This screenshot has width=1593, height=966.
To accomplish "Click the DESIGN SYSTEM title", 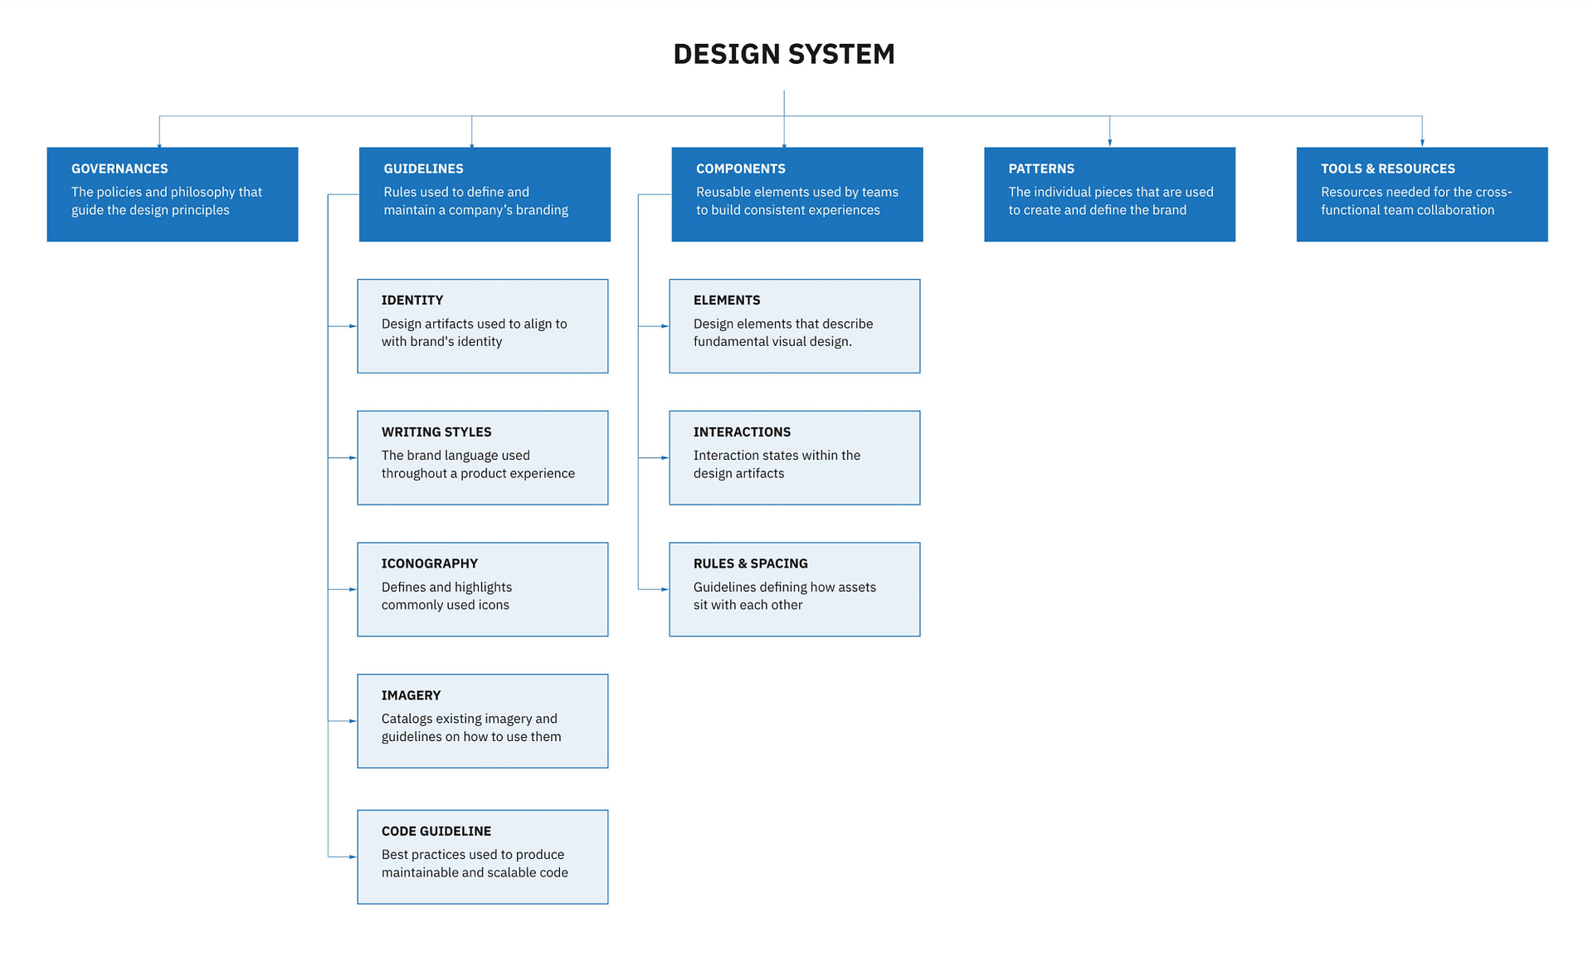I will (783, 54).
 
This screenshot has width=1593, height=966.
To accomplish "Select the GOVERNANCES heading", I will (119, 168).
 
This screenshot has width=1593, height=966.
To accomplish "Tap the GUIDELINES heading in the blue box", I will (423, 168).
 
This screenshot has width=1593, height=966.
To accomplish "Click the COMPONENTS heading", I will (740, 168).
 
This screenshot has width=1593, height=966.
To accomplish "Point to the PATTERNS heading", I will (1041, 168).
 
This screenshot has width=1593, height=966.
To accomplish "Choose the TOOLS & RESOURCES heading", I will (1387, 168).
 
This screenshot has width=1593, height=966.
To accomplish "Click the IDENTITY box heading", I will (412, 300).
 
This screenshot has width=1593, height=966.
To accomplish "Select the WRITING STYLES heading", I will (436, 432).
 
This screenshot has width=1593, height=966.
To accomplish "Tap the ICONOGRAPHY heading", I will (429, 563).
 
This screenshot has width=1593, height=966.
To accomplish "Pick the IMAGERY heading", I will (411, 695).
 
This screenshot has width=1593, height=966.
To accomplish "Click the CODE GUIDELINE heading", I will (436, 831).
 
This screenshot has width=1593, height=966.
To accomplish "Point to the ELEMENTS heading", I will (726, 300).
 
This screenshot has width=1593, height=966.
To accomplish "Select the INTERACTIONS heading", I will (742, 432).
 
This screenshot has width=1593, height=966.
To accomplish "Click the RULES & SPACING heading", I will (750, 563).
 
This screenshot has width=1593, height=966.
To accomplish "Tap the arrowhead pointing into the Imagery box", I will (353, 721).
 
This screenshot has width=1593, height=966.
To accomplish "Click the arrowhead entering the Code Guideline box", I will (353, 856).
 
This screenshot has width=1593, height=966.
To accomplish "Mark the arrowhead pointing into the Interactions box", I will (665, 457).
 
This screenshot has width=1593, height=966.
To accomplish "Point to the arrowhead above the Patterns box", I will (1109, 143).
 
